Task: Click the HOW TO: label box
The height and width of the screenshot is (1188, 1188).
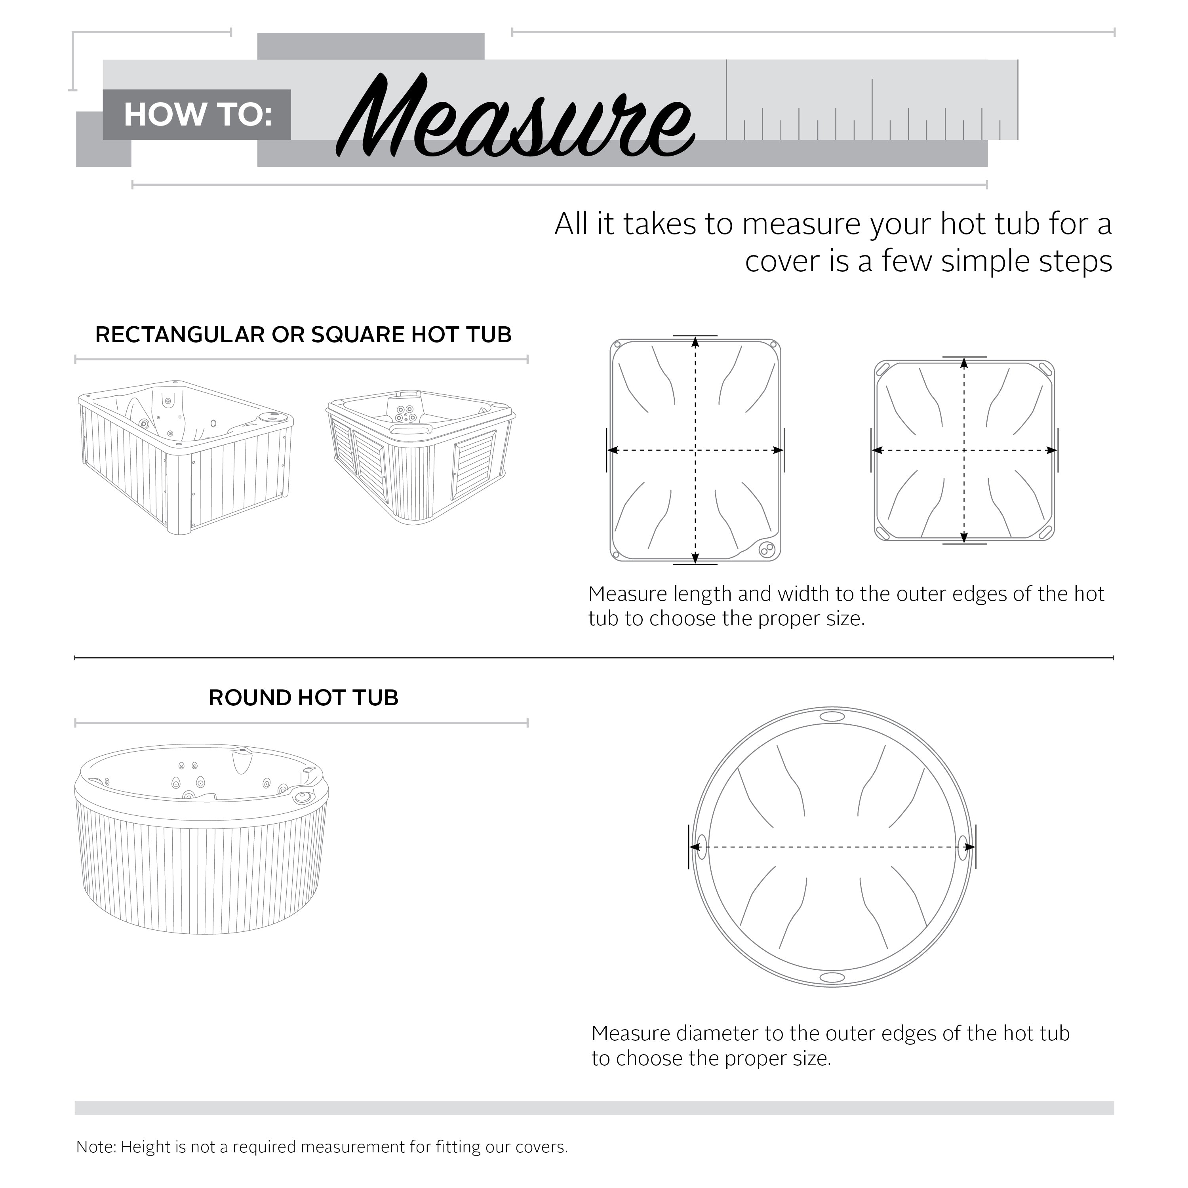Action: coord(197,115)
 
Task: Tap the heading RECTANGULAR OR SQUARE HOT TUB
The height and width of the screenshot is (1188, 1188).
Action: coord(303,335)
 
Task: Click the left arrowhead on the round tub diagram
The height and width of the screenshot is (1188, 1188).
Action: coord(695,848)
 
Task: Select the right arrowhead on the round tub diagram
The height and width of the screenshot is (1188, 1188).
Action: coord(969,848)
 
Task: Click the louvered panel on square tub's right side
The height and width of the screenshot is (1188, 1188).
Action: coord(474,464)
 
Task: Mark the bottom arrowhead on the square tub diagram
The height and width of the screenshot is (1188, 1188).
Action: coord(964,535)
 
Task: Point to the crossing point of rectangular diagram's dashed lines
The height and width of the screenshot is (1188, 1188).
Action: coord(695,451)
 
